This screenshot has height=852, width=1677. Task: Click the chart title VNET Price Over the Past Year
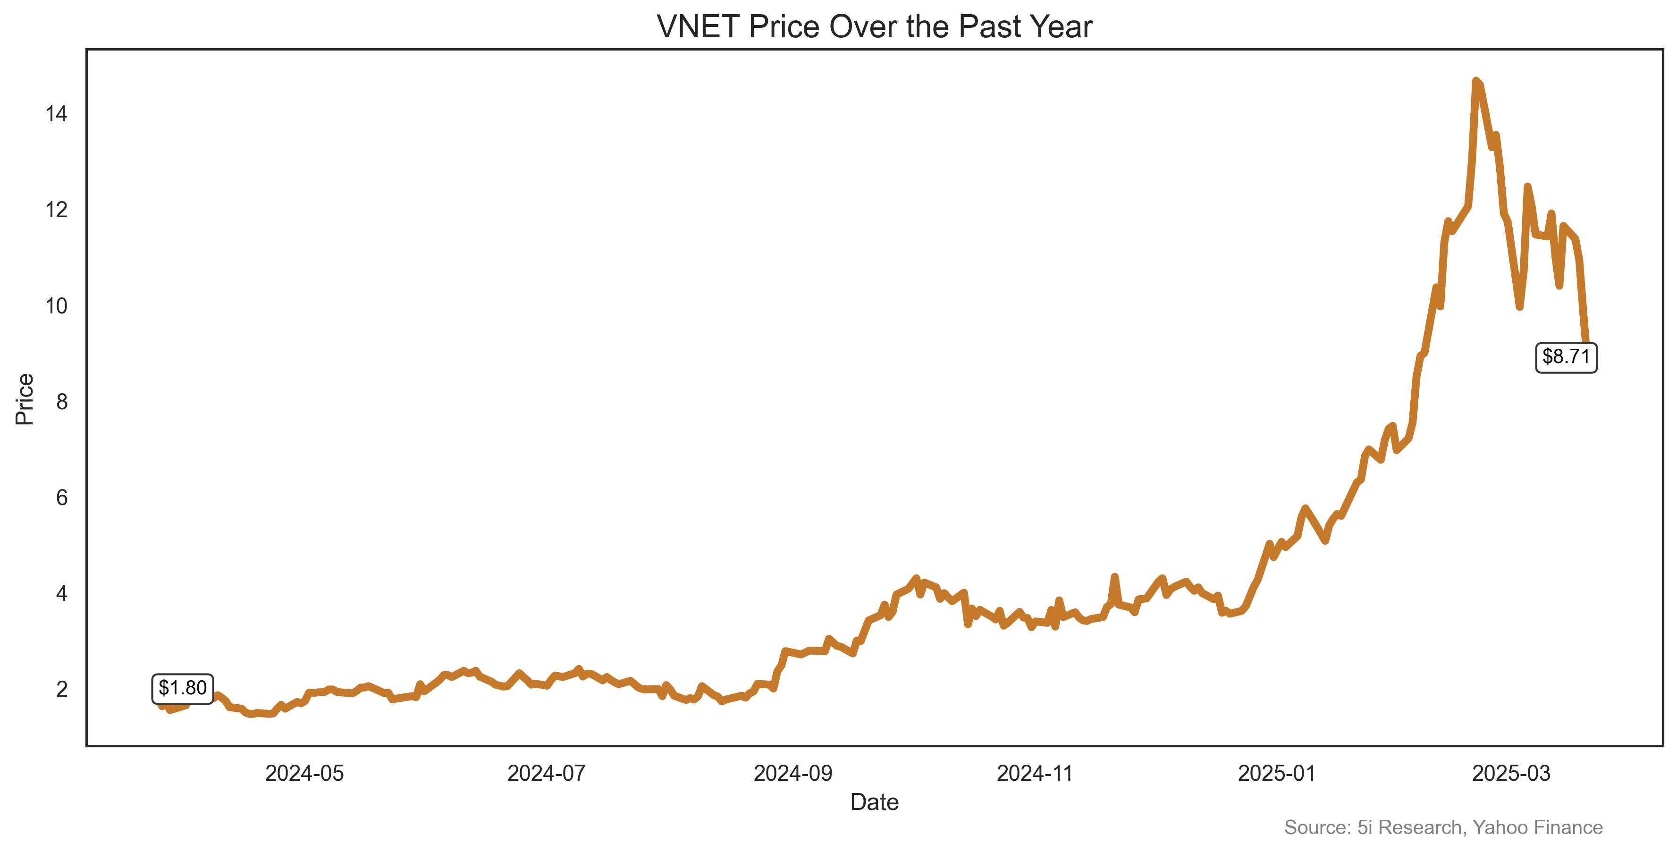pos(874,27)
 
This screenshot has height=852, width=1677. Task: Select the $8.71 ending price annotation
pos(1566,357)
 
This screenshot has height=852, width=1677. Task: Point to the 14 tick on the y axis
pos(56,115)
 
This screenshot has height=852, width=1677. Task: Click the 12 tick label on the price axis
pos(56,210)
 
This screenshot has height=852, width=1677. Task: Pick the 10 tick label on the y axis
pos(56,306)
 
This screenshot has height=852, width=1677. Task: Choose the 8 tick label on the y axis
pos(62,402)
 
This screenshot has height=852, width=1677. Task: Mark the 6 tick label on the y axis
pos(62,498)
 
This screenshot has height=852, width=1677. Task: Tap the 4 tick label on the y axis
pos(62,594)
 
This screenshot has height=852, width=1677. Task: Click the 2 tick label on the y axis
pos(62,689)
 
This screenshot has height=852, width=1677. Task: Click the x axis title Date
pos(874,802)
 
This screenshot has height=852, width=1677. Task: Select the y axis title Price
pos(25,399)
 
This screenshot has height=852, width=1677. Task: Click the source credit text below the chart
pos(1443,827)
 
